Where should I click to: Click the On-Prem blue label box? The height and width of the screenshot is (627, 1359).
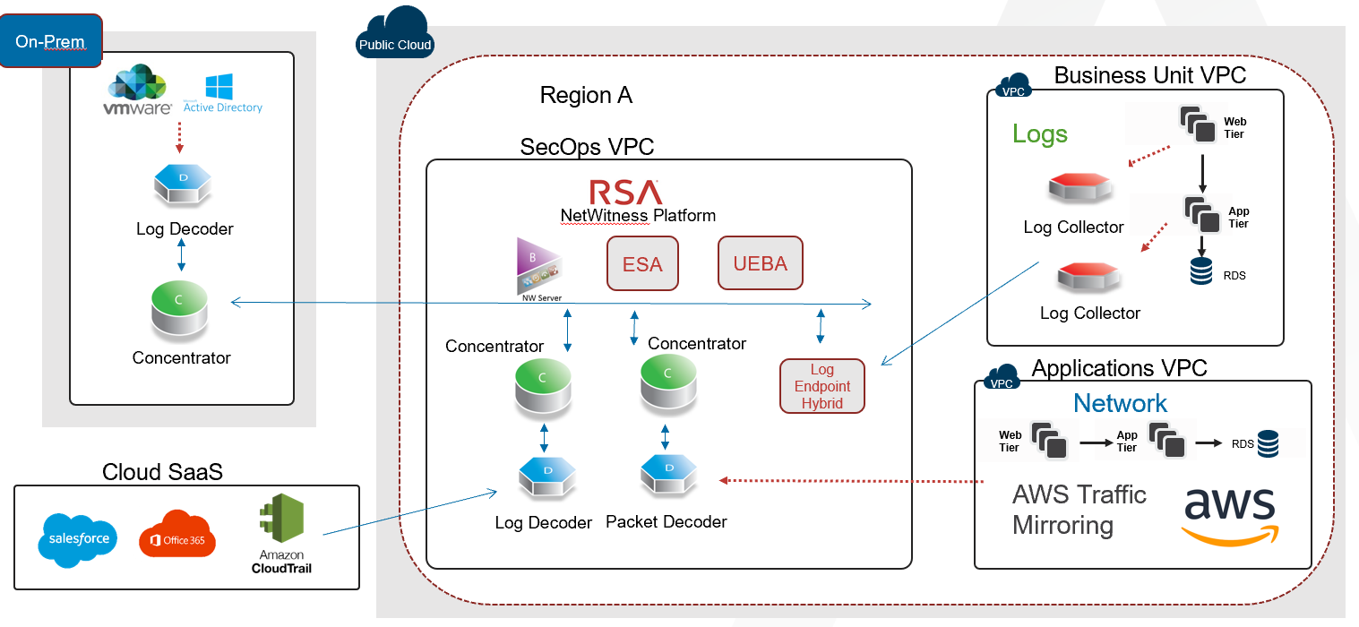[50, 41]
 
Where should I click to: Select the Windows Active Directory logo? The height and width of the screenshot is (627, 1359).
[221, 94]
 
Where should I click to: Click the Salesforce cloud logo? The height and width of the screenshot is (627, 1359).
[77, 539]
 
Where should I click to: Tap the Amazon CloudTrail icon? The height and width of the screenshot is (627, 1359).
[281, 534]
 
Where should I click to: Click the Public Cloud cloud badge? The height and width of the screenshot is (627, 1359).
[394, 36]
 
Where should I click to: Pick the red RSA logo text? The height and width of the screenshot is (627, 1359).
[625, 193]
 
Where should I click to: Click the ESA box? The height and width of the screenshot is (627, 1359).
[642, 264]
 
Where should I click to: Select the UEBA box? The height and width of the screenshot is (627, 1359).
[760, 263]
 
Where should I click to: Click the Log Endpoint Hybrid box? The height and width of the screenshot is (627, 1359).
[822, 386]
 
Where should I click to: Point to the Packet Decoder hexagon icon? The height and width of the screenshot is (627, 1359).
[668, 476]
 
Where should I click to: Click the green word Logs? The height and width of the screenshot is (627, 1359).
[1039, 134]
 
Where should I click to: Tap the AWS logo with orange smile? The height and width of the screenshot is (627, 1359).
[1229, 516]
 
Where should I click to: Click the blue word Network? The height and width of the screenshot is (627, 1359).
[1120, 403]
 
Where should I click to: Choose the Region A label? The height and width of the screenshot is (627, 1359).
[586, 96]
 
